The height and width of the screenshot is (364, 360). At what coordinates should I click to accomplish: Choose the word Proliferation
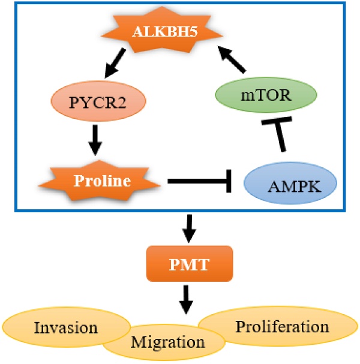coord(282,327)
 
